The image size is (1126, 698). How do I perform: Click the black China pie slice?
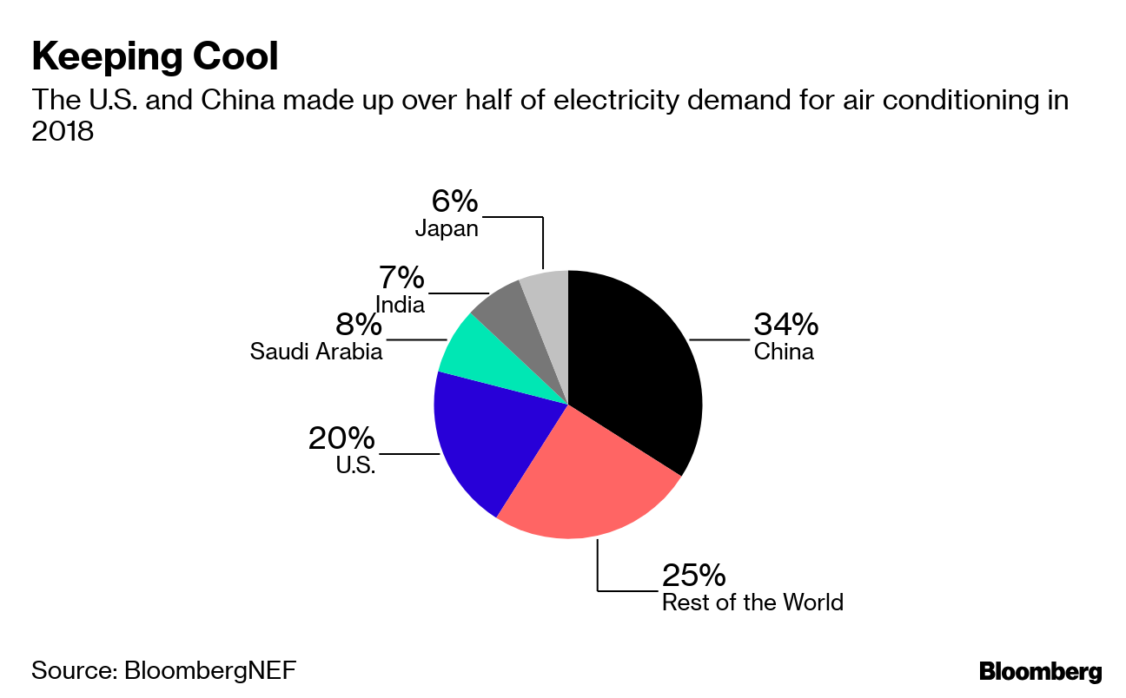[x=634, y=373]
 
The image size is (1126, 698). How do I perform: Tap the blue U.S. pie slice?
[x=487, y=443]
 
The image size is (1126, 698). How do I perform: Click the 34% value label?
[x=785, y=325]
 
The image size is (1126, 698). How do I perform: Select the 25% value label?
[x=693, y=575]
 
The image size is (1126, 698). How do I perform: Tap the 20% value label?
[x=341, y=438]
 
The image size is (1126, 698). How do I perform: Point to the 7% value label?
[x=401, y=278]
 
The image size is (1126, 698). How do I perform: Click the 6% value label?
[x=454, y=201]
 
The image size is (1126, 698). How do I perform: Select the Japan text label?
[x=447, y=228]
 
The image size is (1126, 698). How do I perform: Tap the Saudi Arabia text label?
[x=316, y=352]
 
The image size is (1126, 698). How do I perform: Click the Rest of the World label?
[x=752, y=603]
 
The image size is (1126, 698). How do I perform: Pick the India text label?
[x=400, y=304]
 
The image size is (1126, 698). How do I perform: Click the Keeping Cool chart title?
[x=155, y=57]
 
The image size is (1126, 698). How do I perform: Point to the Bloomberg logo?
[x=1040, y=671]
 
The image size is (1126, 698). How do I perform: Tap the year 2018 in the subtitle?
[x=63, y=133]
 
